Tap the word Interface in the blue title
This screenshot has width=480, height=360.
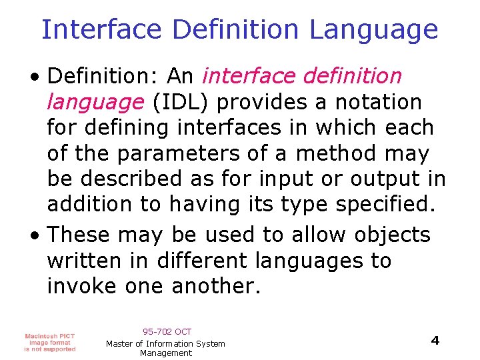coord(101,29)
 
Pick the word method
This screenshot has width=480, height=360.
coord(334,154)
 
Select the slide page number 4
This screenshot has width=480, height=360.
coord(435,341)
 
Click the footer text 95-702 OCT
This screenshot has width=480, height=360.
coord(167,331)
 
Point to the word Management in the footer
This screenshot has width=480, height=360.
coord(166,353)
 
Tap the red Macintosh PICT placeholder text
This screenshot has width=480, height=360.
coord(50,342)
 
